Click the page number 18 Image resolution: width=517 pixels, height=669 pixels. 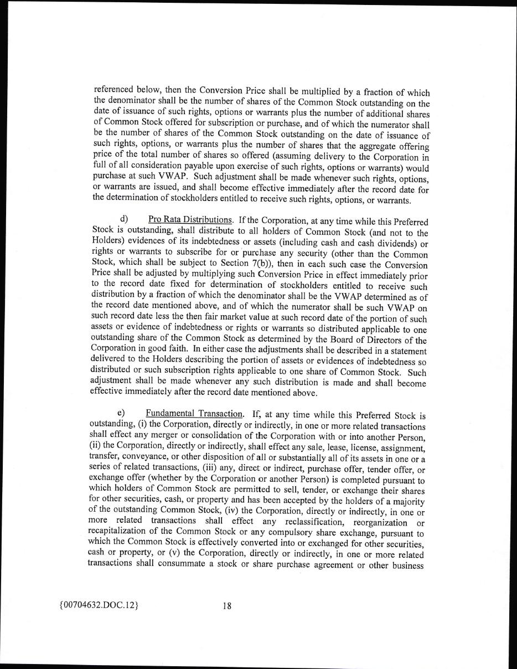(x=227, y=605)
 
